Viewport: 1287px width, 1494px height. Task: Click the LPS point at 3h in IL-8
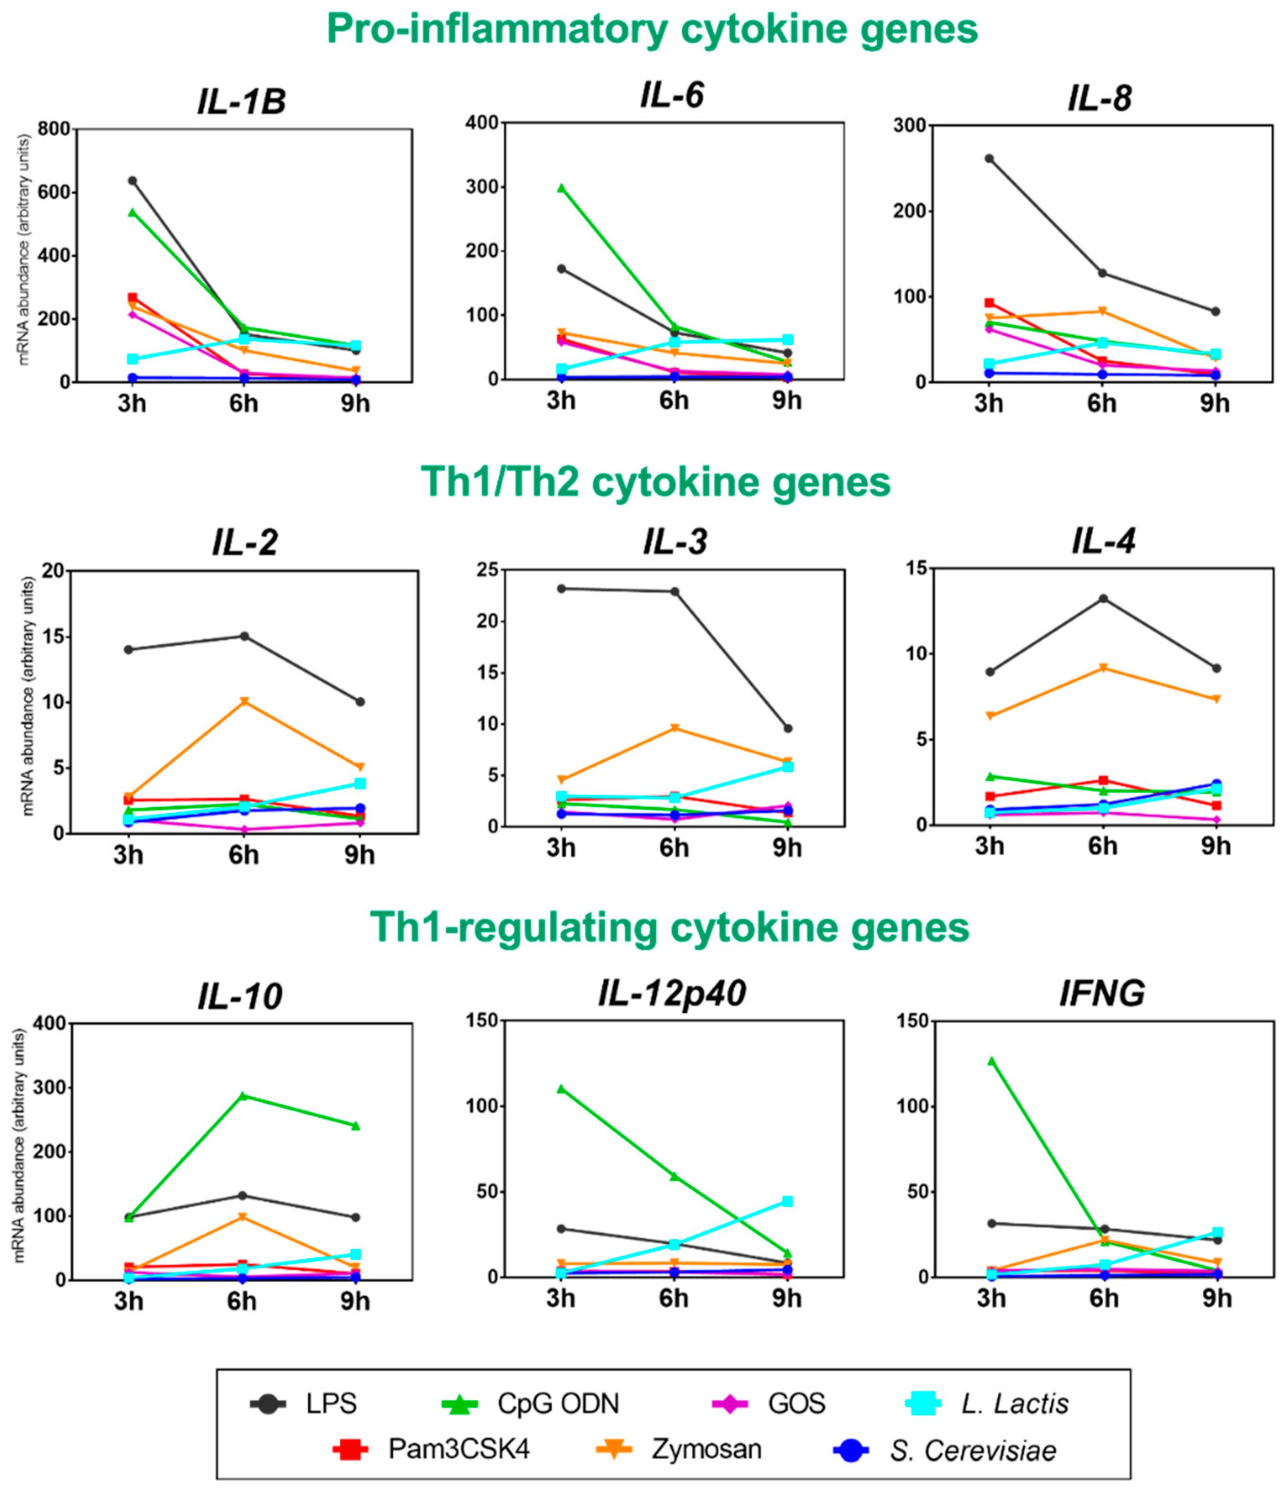[x=989, y=158]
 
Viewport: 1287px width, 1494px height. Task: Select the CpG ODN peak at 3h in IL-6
[x=561, y=188]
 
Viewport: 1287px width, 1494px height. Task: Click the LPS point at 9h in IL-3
[x=788, y=728]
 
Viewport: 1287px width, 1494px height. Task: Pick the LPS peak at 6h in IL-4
[x=1103, y=598]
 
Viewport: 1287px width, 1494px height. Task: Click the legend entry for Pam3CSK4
[x=458, y=1450]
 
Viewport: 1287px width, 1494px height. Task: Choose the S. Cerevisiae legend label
[x=973, y=1451]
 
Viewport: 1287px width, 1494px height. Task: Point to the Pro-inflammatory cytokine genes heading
[x=652, y=29]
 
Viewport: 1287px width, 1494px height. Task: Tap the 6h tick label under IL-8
[x=1102, y=403]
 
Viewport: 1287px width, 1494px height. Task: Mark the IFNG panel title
[x=1102, y=993]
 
